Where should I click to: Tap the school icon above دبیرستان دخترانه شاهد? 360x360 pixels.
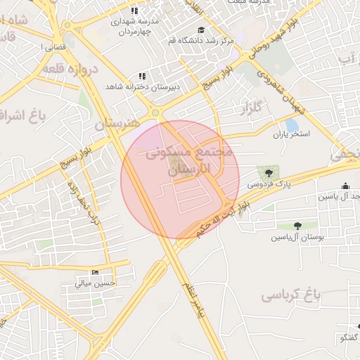click(x=142, y=75)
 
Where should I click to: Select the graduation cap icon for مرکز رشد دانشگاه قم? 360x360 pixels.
click(x=202, y=30)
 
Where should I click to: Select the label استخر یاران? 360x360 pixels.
click(x=290, y=134)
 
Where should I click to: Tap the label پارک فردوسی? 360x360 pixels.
click(x=268, y=184)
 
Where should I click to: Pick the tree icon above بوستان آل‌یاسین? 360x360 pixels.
click(x=298, y=226)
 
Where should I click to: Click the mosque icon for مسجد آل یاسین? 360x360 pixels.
click(x=345, y=186)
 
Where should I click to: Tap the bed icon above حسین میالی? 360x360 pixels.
click(x=96, y=273)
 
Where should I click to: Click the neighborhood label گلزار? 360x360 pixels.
click(x=251, y=108)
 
